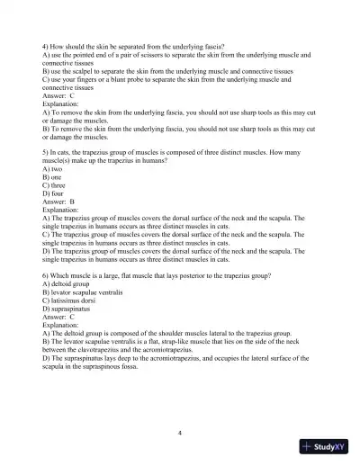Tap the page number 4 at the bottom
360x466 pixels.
[x=180, y=433]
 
